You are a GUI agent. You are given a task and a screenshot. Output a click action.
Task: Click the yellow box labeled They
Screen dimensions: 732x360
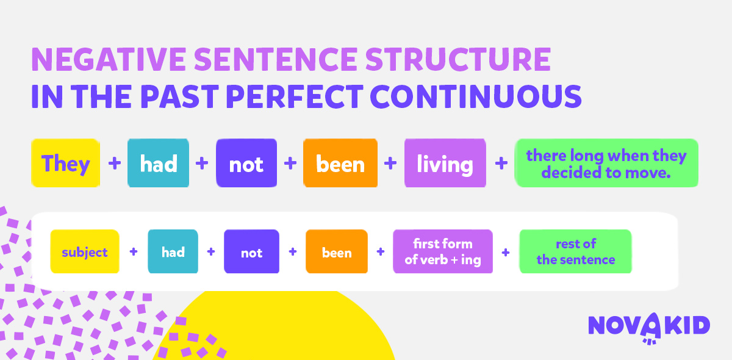click(x=65, y=163)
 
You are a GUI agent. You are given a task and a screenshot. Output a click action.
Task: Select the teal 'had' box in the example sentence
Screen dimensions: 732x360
click(x=158, y=163)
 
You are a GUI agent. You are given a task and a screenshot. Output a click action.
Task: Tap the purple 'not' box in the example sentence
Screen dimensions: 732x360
click(x=246, y=163)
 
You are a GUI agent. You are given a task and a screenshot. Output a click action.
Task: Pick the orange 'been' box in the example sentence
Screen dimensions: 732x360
click(x=340, y=163)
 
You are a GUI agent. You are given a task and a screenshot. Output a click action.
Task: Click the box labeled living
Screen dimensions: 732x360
click(x=445, y=163)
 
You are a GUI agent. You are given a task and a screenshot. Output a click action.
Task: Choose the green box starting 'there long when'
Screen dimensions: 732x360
click(x=606, y=163)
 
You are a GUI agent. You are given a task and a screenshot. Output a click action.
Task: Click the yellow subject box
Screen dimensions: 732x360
click(x=85, y=251)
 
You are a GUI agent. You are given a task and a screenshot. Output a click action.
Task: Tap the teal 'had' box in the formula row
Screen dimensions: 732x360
click(x=173, y=251)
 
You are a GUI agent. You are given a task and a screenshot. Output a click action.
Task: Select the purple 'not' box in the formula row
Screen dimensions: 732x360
click(x=251, y=251)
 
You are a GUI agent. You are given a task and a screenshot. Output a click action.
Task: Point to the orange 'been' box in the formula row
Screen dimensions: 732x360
click(x=337, y=251)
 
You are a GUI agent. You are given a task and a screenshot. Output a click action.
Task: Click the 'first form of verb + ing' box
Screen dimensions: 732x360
click(x=443, y=251)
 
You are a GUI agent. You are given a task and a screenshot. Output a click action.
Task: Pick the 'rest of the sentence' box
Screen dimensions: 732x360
click(x=576, y=251)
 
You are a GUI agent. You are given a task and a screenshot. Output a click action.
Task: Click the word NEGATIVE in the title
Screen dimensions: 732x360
click(x=109, y=59)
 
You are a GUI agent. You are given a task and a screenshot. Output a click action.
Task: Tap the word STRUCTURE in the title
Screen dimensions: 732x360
click(x=458, y=59)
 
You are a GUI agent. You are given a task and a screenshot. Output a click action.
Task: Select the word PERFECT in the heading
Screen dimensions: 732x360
click(x=295, y=96)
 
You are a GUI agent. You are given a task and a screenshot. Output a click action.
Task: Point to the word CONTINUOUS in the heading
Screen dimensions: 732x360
click(x=476, y=96)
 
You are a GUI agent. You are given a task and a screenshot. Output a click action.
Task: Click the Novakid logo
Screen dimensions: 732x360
click(x=649, y=328)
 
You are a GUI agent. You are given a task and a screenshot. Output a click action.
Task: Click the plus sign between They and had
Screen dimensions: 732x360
click(x=115, y=163)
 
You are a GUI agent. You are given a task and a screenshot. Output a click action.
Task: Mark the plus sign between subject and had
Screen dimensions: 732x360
click(x=134, y=251)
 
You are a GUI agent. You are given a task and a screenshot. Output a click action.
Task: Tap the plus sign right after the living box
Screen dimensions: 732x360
click(x=501, y=163)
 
